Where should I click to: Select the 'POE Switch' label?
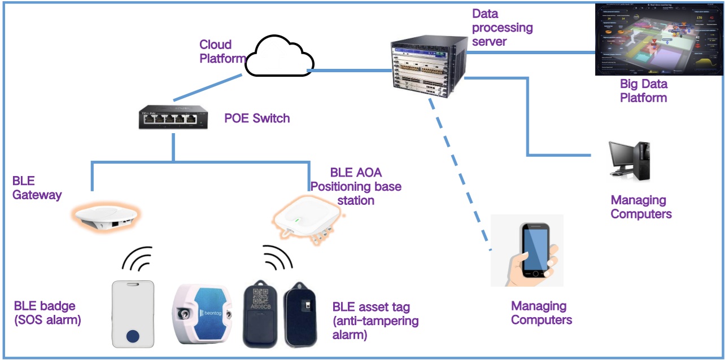pos(257,118)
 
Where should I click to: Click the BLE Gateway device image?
pos(106,217)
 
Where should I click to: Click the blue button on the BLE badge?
pos(133,336)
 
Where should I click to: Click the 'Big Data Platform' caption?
pos(644,91)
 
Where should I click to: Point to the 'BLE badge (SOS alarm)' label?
pos(47,313)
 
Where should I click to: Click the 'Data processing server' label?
pos(502,27)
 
